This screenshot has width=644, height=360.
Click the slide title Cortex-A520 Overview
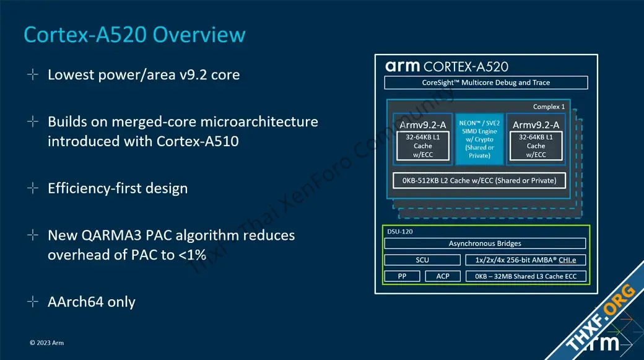click(x=135, y=35)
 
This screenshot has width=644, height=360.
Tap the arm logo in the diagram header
click(x=402, y=66)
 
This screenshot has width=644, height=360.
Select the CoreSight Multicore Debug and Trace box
click(x=486, y=82)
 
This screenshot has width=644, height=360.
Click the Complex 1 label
click(x=549, y=107)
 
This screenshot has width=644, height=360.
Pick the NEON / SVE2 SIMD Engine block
click(x=479, y=139)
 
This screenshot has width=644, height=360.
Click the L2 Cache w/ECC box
click(x=479, y=180)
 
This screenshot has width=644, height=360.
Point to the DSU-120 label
click(x=399, y=231)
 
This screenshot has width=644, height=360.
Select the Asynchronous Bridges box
click(x=485, y=244)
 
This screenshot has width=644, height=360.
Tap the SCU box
click(x=422, y=260)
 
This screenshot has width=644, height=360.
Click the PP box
click(x=402, y=276)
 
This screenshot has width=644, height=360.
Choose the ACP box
click(x=443, y=276)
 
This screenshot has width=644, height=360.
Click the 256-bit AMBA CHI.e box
click(x=526, y=260)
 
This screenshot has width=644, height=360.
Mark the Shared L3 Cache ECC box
click(x=526, y=276)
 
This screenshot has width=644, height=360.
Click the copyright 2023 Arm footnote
click(x=47, y=343)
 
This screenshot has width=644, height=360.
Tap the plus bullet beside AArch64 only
click(x=32, y=302)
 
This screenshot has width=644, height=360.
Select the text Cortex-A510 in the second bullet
click(x=198, y=141)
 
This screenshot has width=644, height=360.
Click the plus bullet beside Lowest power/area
click(x=32, y=74)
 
